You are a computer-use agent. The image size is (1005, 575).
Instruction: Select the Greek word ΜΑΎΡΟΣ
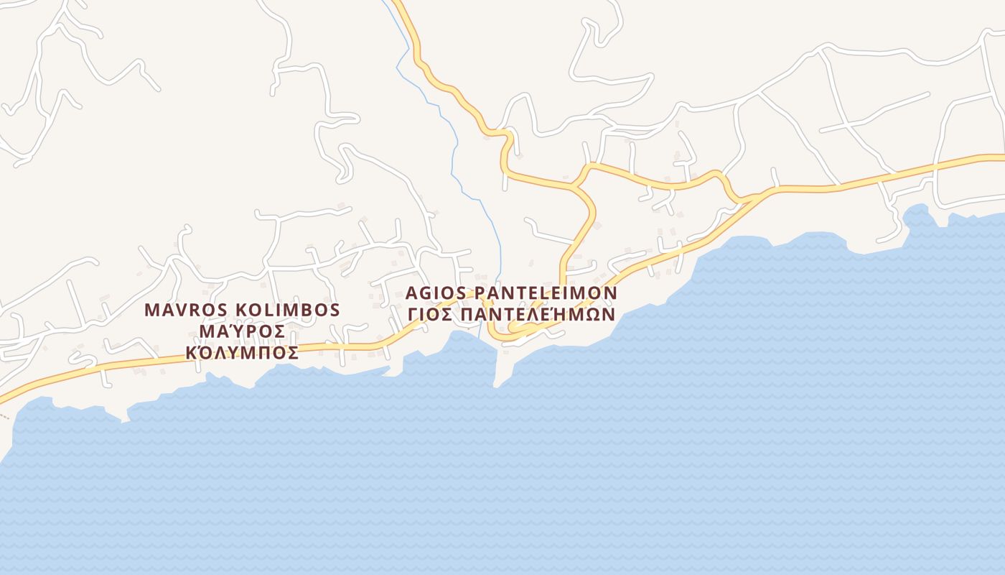pos(242,332)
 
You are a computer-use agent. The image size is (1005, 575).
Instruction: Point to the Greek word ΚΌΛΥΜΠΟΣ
pos(242,353)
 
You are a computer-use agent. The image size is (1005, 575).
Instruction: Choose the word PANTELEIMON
pos(546,294)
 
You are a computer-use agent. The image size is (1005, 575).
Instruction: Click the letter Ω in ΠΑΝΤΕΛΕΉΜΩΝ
pos(587,315)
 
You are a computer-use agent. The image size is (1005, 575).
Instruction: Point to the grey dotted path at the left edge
pos(4,415)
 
